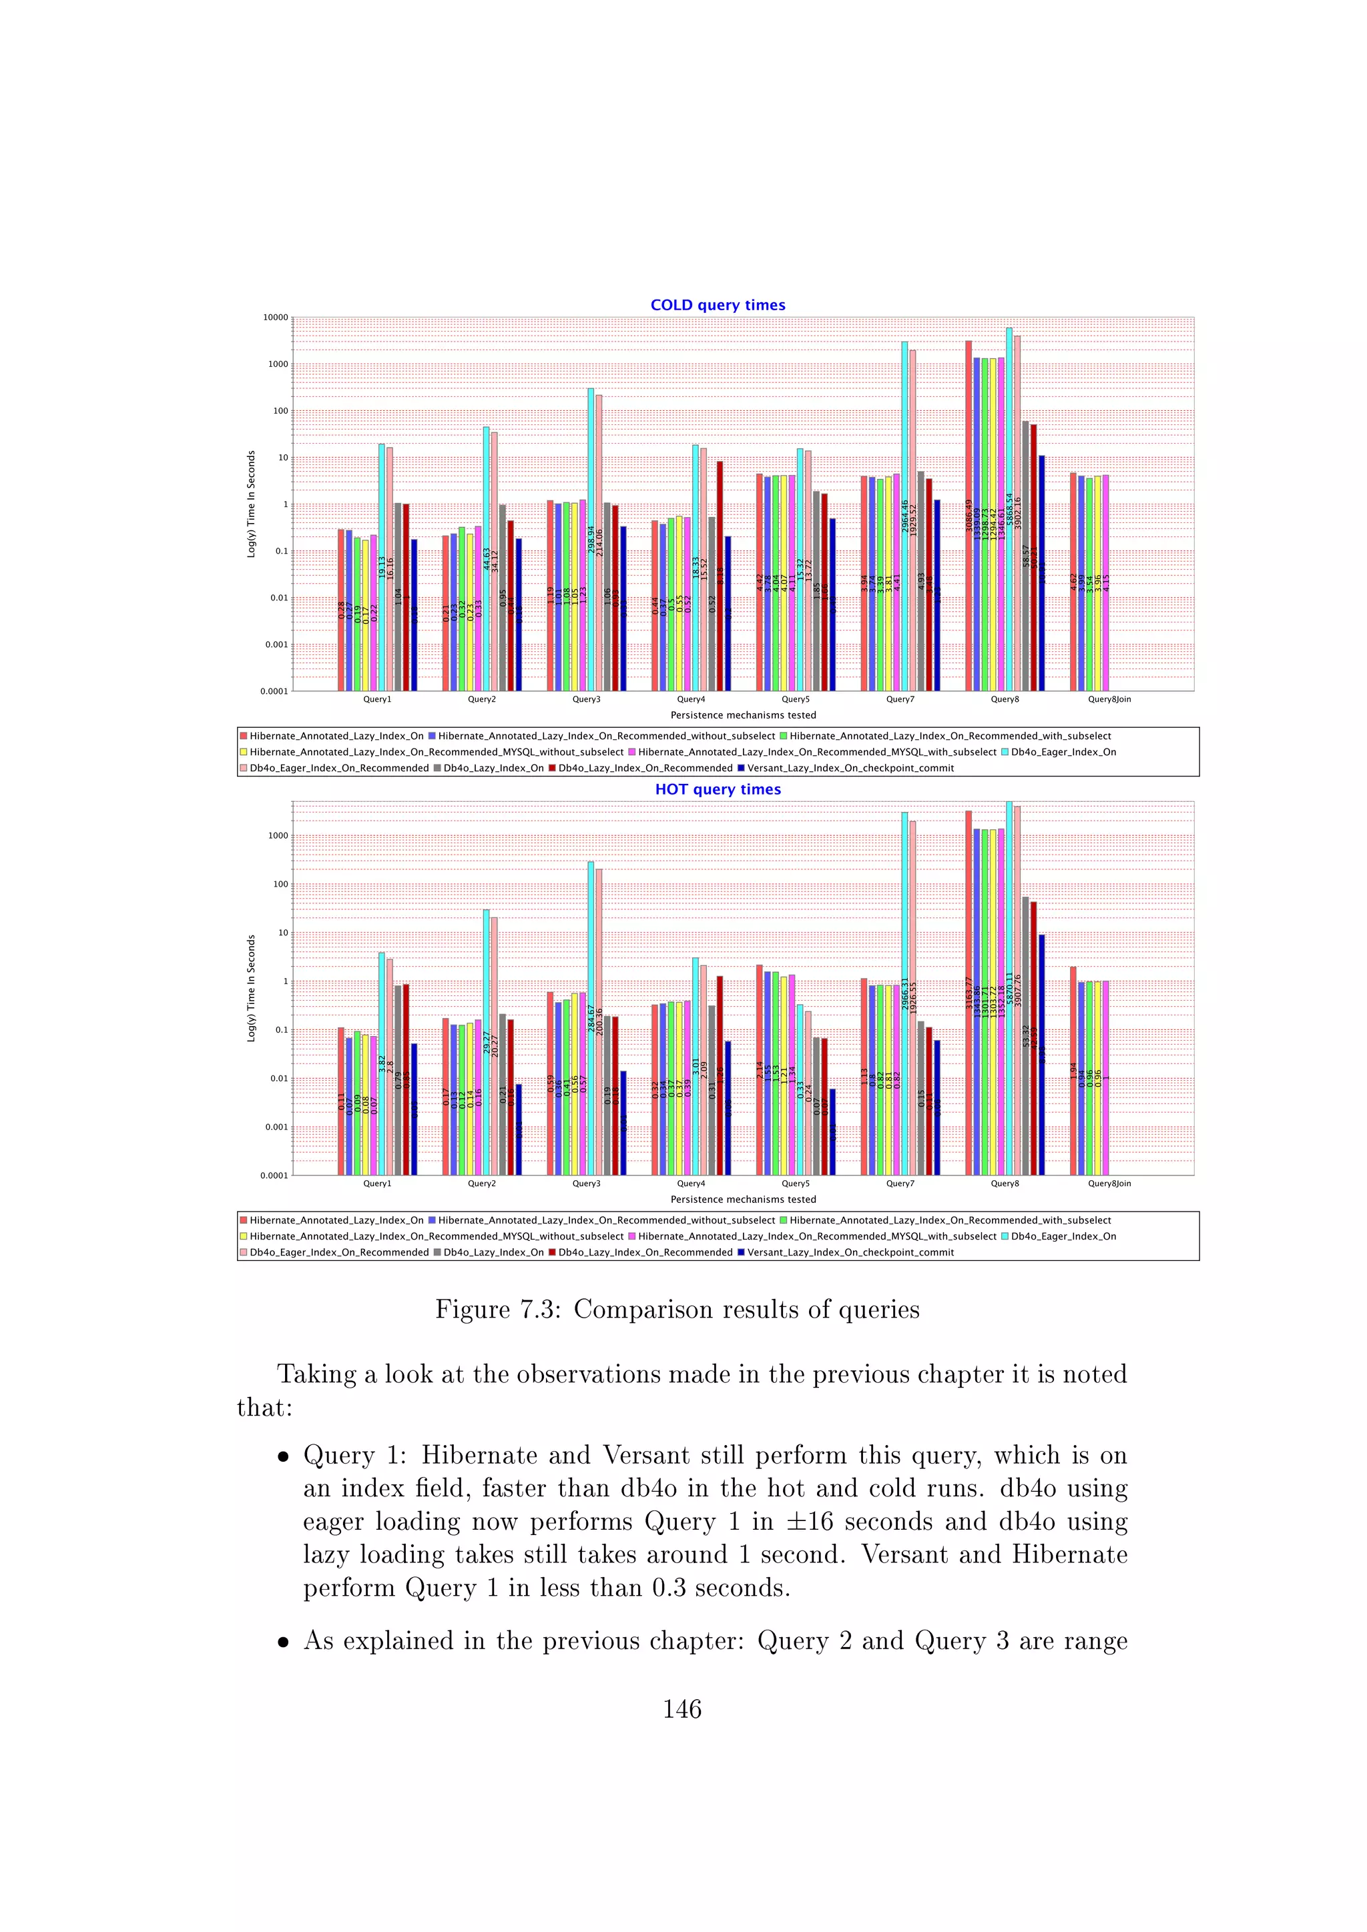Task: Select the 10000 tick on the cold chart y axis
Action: [x=275, y=318]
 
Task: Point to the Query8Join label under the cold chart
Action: [x=1109, y=699]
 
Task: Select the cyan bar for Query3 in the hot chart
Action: [x=591, y=1010]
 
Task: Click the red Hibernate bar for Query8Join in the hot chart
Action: [x=1073, y=1069]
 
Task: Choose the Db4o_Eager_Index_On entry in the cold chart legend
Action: [x=1062, y=753]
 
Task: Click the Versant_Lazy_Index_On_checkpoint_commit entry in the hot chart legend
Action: [x=849, y=1252]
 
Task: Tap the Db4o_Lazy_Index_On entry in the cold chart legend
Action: [x=493, y=769]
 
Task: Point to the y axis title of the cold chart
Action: [x=251, y=504]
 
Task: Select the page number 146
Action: [x=681, y=1709]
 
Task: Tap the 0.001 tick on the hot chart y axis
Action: [x=277, y=1127]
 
